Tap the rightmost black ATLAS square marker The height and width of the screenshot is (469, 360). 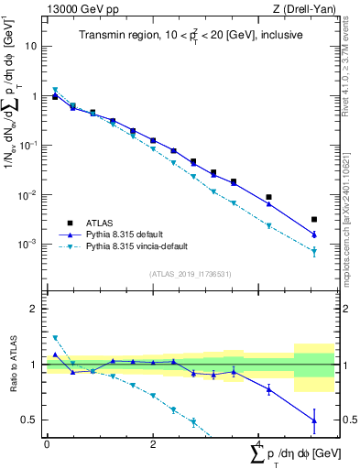pos(314,220)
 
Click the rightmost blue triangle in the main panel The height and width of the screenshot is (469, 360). pos(314,234)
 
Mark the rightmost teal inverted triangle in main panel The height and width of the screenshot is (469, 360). pos(314,251)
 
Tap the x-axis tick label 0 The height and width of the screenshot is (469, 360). pos(47,443)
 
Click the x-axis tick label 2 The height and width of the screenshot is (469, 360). pos(152,443)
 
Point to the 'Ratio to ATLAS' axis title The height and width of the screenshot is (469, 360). pos(13,364)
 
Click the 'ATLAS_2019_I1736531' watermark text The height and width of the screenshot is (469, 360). pos(190,274)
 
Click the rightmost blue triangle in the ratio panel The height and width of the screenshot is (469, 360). pos(314,420)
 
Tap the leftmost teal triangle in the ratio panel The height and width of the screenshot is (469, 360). pos(55,338)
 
